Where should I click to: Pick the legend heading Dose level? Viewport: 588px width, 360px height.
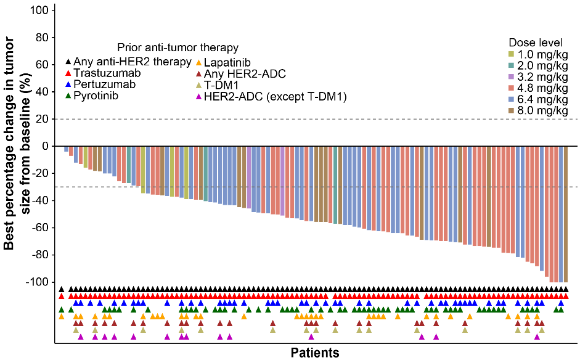pyautogui.click(x=535, y=43)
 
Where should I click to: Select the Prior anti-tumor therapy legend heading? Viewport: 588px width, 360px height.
pyautogui.click(x=178, y=47)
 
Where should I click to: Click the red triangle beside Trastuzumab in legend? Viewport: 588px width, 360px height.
pyautogui.click(x=68, y=73)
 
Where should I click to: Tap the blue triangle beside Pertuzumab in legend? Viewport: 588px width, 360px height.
pyautogui.click(x=68, y=84)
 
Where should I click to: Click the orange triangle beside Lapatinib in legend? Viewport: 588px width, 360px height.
pyautogui.click(x=198, y=62)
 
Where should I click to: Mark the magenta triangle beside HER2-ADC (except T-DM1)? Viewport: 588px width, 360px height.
pyautogui.click(x=198, y=96)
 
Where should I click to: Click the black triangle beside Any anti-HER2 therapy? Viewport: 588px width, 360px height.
pyautogui.click(x=68, y=62)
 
